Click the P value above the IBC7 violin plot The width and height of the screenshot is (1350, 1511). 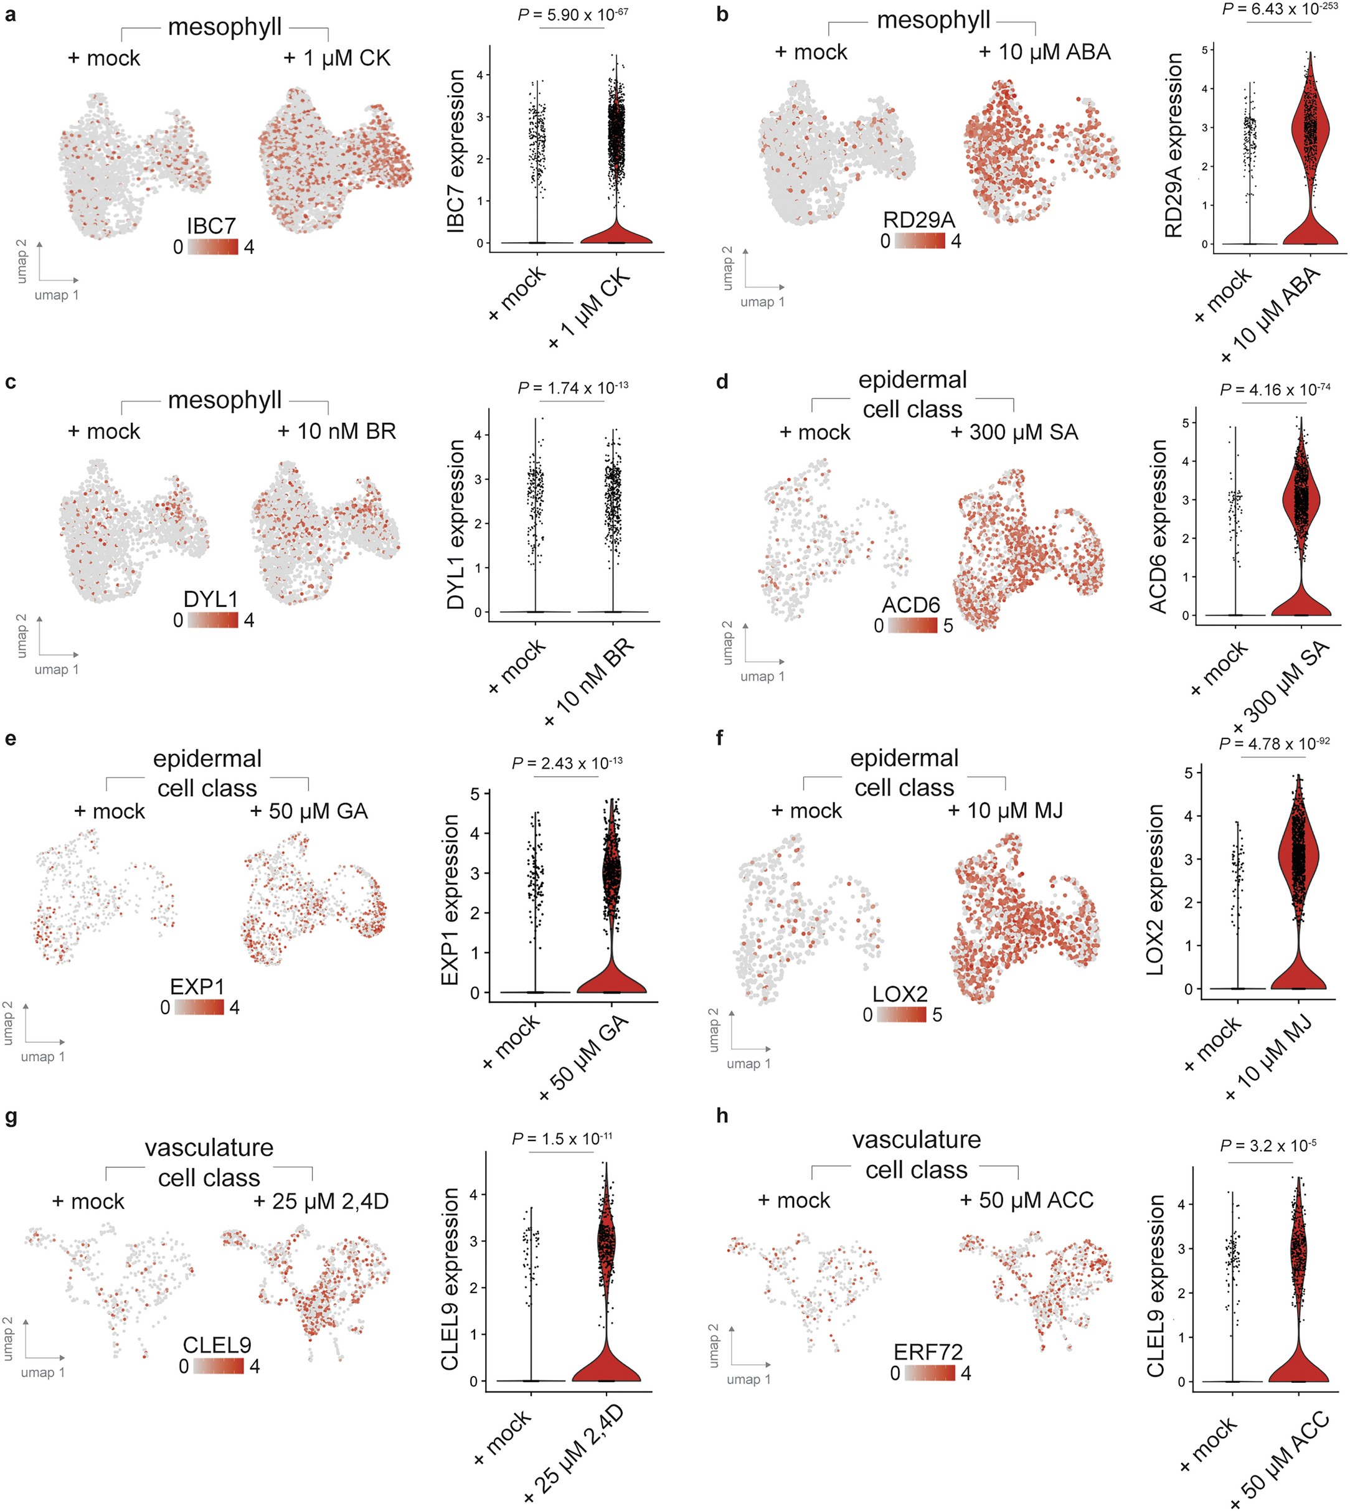click(x=573, y=14)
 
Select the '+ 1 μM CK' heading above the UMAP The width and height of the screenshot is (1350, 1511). click(x=337, y=58)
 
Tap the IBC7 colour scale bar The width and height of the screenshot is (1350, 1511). click(x=213, y=247)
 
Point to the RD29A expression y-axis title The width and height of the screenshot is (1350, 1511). click(x=1173, y=146)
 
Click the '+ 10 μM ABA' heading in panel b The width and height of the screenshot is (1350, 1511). click(x=1044, y=52)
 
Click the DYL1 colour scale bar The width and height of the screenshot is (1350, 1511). click(x=213, y=620)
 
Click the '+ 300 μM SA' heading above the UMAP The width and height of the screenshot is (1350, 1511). click(x=1014, y=433)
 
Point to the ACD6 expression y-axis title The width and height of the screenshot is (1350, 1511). click(x=1158, y=527)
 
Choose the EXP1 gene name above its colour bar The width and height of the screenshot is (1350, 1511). click(x=197, y=987)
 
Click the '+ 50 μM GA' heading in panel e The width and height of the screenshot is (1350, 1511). click(x=309, y=811)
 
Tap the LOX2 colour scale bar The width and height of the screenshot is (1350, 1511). click(x=901, y=1015)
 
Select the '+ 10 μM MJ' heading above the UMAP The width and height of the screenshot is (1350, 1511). click(x=1005, y=810)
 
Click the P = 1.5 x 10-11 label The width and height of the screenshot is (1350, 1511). click(x=562, y=1139)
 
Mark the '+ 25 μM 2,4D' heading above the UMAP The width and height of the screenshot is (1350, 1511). click(x=321, y=1201)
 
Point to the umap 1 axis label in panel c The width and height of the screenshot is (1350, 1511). click(x=57, y=669)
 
